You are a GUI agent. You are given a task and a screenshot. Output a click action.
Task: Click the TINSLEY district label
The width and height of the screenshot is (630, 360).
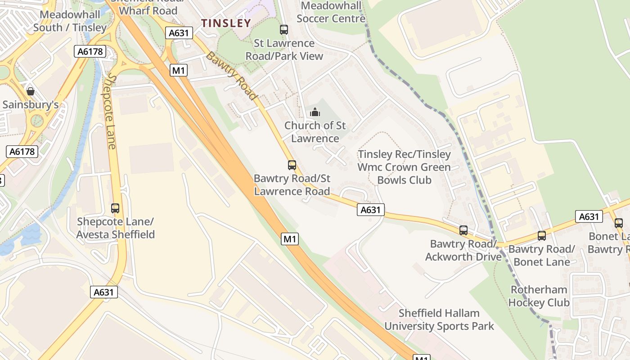click(226, 23)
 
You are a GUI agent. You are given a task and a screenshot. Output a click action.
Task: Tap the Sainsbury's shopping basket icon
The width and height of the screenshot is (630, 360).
click(31, 91)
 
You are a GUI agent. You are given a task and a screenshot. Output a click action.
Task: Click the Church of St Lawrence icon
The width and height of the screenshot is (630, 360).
click(315, 112)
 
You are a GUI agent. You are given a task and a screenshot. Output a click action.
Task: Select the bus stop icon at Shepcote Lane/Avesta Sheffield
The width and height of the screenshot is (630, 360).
click(115, 208)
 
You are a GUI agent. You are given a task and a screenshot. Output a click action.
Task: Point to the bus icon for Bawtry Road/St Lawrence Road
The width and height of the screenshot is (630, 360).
click(292, 165)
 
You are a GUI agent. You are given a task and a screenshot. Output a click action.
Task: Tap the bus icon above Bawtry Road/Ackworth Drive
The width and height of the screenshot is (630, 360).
click(463, 230)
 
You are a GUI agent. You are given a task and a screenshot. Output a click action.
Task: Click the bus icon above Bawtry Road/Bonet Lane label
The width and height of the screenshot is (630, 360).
click(542, 235)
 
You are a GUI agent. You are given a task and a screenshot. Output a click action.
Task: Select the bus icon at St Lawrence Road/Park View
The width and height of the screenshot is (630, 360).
click(284, 30)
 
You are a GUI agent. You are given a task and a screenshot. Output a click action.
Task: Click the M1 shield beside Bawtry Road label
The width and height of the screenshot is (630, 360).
click(179, 70)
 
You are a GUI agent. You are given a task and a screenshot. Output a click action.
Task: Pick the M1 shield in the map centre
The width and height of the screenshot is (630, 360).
click(290, 239)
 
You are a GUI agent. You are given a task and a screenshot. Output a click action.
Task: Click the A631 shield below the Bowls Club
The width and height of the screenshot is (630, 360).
click(371, 209)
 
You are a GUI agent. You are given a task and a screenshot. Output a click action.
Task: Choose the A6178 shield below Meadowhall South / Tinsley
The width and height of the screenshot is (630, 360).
click(90, 51)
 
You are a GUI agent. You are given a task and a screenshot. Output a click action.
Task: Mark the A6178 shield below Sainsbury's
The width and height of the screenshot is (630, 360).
click(22, 151)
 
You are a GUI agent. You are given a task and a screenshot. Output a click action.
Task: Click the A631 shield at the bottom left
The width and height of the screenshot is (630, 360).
click(104, 292)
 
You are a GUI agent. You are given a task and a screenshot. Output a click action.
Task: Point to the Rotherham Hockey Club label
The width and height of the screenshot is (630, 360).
click(539, 296)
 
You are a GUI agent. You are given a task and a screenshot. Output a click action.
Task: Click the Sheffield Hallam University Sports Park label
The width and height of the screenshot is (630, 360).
click(439, 319)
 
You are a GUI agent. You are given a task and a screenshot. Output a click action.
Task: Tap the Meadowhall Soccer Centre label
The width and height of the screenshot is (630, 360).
click(331, 12)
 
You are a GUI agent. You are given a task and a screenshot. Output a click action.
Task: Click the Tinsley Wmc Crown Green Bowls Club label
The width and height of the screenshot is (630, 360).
click(404, 167)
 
